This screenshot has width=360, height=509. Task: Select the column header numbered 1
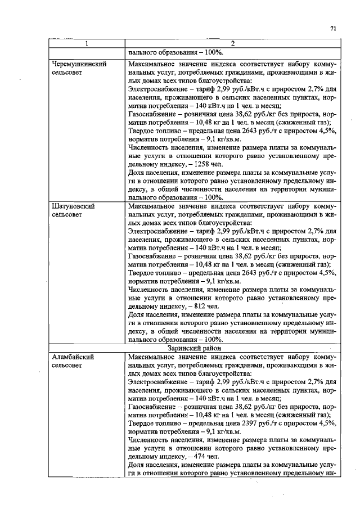tap(87, 44)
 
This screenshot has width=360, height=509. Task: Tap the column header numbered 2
tap(232, 44)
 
